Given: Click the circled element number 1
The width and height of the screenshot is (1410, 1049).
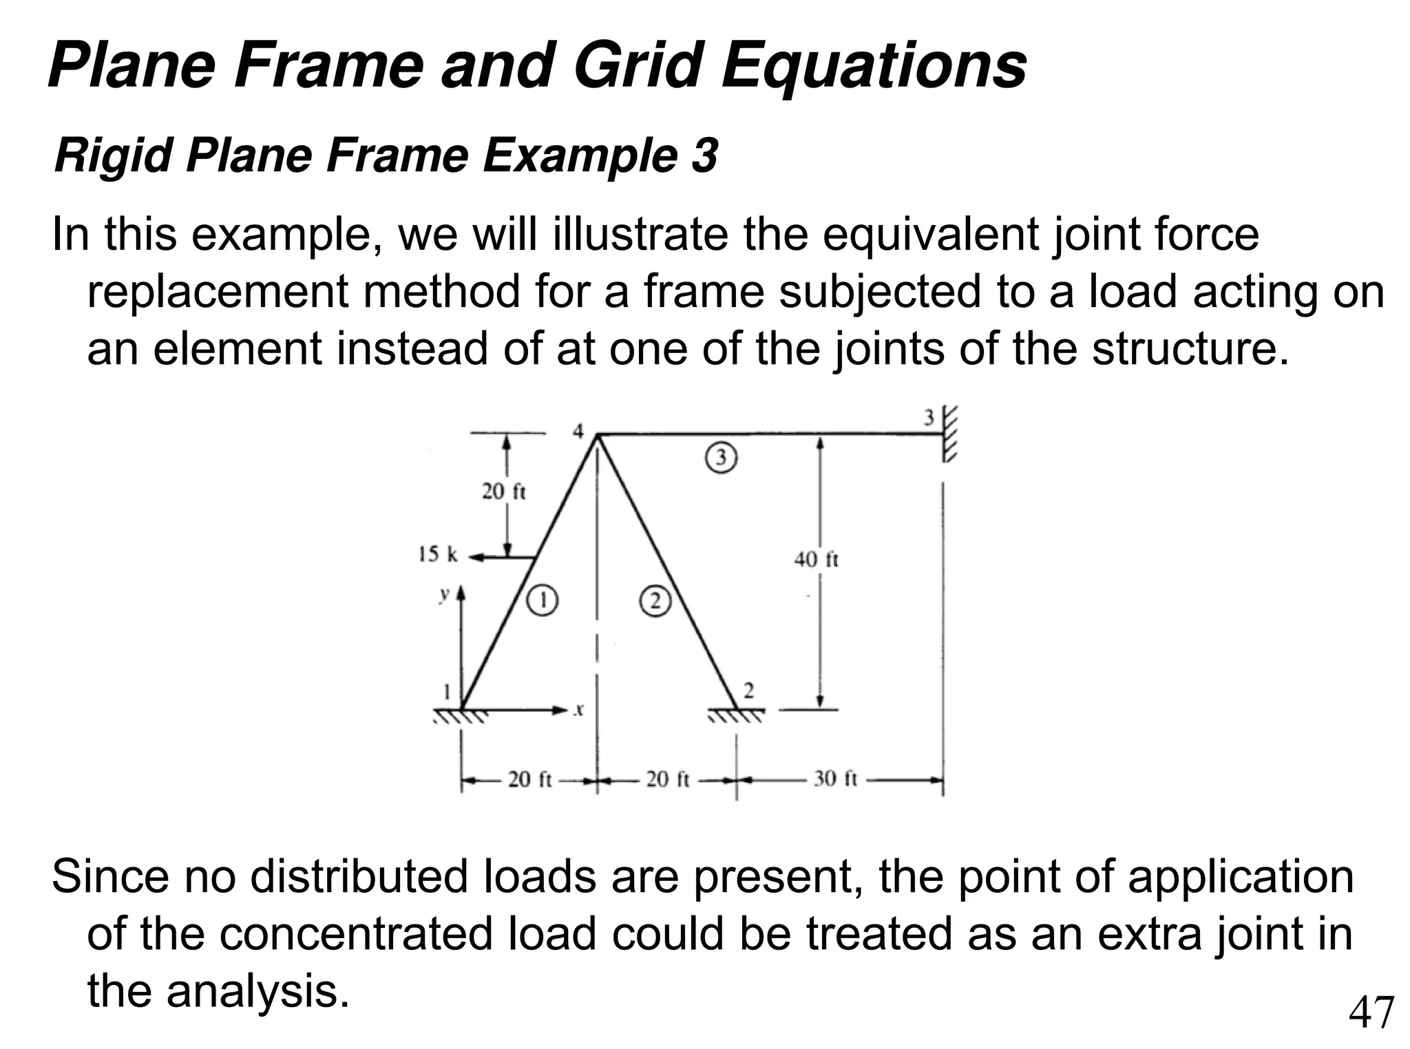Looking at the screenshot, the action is click(x=543, y=601).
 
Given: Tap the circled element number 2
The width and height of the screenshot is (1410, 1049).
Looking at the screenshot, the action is click(x=655, y=602).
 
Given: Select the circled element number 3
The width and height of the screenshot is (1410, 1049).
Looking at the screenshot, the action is click(x=721, y=458).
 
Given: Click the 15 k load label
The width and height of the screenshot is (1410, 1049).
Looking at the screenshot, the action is click(x=438, y=554).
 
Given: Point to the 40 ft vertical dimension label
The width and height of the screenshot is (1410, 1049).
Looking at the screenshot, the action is click(x=817, y=559).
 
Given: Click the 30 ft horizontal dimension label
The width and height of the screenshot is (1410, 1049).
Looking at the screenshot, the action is click(x=835, y=779).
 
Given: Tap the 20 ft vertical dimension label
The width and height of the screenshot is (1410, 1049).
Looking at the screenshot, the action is click(x=503, y=491).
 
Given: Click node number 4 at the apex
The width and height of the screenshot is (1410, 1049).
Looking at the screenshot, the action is click(x=578, y=432).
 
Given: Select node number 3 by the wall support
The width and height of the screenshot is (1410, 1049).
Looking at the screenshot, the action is click(x=929, y=418).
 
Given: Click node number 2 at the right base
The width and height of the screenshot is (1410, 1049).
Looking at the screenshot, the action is click(x=749, y=690).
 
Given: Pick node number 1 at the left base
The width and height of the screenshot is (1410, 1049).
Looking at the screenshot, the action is click(x=446, y=690).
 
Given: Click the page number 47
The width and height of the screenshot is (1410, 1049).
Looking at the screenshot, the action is click(x=1371, y=1013).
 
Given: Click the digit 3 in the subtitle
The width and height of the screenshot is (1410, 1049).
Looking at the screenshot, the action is click(x=705, y=156).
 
